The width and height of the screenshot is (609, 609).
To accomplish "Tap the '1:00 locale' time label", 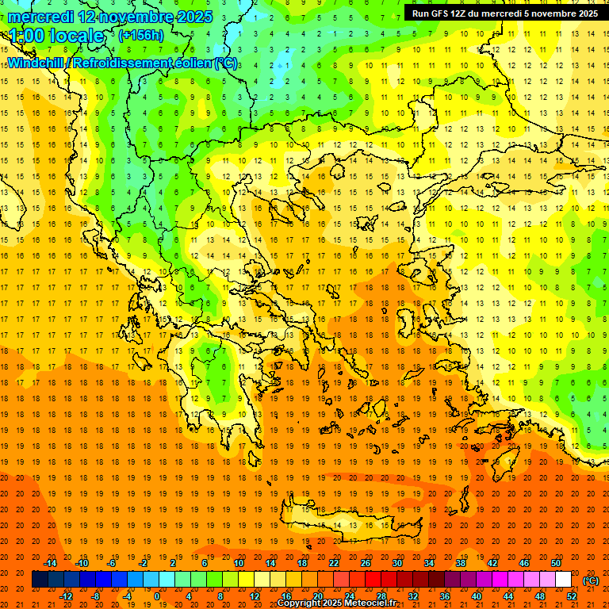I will [x=56, y=36].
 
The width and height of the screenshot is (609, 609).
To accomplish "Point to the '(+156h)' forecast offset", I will [x=141, y=35].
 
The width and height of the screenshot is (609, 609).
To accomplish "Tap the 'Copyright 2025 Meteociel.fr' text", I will [x=336, y=603].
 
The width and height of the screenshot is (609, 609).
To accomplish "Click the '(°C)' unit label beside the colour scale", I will [x=590, y=580].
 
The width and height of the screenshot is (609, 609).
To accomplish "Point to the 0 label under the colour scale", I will [x=157, y=596].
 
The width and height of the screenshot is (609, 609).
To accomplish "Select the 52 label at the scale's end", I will [x=572, y=596].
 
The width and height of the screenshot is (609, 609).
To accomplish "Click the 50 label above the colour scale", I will [x=555, y=563].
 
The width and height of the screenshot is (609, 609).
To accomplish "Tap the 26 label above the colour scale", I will [x=366, y=563].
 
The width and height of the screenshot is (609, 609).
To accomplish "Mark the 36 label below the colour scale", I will [x=445, y=596].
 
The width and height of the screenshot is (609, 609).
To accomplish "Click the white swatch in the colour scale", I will [x=564, y=580].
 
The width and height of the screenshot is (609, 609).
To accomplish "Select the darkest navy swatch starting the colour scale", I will [x=40, y=580].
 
